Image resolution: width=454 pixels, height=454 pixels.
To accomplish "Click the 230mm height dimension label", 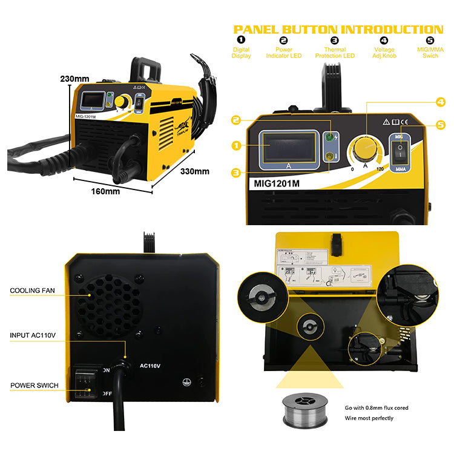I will point(74,79).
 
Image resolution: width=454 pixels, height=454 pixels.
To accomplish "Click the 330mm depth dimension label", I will point(194,171).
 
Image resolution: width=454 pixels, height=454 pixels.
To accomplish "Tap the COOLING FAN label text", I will point(32,291).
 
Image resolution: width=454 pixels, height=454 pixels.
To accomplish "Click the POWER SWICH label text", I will point(34,385).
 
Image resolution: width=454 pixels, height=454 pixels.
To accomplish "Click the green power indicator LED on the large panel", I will point(331,137).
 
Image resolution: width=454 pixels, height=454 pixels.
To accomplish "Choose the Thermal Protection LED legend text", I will point(335,53).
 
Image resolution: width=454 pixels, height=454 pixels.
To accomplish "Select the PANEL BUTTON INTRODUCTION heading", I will point(338,29).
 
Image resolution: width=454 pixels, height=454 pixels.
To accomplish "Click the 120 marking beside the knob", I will point(380,168).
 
